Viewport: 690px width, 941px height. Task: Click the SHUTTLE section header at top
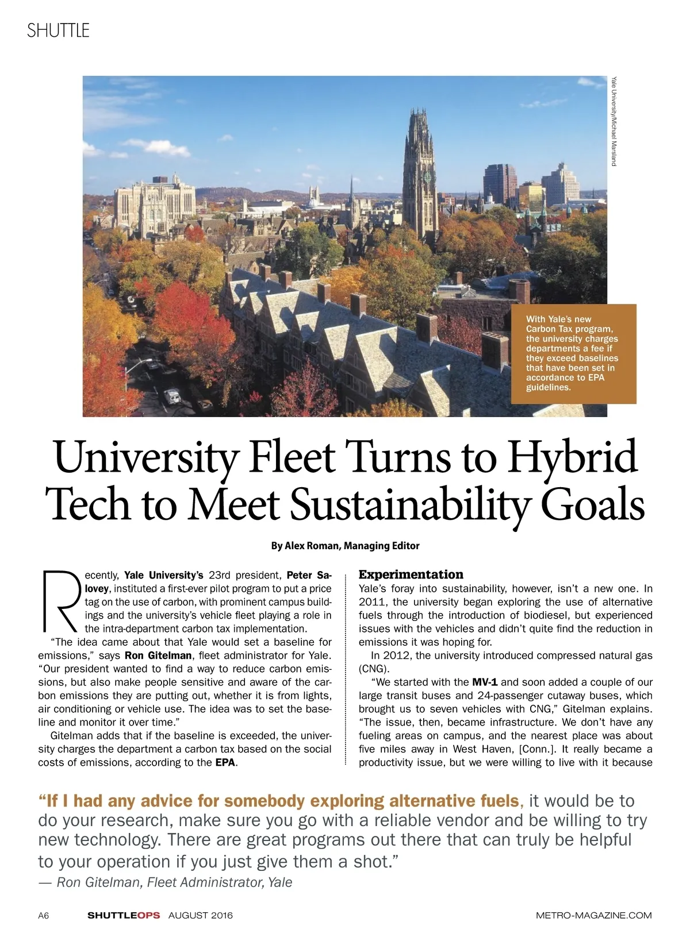click(x=58, y=30)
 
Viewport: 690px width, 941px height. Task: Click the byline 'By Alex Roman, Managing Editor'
click(x=345, y=546)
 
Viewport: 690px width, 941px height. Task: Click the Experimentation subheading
click(x=411, y=574)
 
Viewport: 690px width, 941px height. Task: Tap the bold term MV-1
click(x=485, y=682)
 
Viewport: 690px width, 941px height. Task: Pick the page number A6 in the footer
click(x=44, y=915)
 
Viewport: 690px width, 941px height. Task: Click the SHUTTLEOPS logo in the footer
click(x=124, y=915)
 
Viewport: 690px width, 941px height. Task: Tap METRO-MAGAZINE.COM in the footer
click(x=593, y=915)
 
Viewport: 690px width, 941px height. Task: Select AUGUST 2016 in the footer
click(x=201, y=915)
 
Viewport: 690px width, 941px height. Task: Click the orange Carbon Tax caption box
click(x=573, y=353)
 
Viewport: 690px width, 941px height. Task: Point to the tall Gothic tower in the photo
click(x=419, y=172)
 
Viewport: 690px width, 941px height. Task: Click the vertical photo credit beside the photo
click(x=614, y=121)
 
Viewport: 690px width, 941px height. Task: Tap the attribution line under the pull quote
click(x=166, y=882)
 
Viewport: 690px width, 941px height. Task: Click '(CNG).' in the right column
click(x=374, y=669)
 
